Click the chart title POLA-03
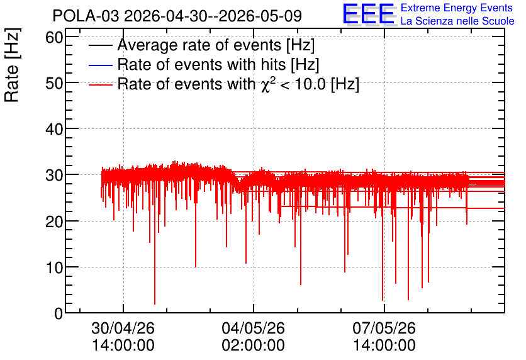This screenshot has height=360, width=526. [x=86, y=16]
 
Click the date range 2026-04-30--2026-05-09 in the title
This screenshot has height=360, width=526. [x=213, y=16]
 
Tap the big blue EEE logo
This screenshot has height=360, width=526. [x=369, y=14]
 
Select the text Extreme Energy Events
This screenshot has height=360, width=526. [x=457, y=8]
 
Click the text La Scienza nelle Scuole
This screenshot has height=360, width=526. [x=457, y=21]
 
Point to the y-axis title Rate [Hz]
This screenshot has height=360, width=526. [x=12, y=65]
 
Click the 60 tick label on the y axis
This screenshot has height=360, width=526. [x=54, y=37]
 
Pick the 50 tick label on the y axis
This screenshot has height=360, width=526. [x=54, y=83]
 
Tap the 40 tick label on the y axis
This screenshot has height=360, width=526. [x=54, y=129]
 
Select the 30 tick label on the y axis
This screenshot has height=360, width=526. [x=54, y=175]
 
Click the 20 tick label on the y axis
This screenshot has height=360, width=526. [x=54, y=222]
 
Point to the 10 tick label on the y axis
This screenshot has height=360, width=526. [x=54, y=267]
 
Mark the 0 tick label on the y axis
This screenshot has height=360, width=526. [x=59, y=313]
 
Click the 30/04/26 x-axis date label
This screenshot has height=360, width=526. [x=123, y=328]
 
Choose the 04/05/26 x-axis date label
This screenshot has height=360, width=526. [x=254, y=328]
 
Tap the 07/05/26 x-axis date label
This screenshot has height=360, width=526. [x=384, y=328]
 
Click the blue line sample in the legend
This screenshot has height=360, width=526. [x=100, y=65]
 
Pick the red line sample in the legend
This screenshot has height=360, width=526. [x=100, y=84]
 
